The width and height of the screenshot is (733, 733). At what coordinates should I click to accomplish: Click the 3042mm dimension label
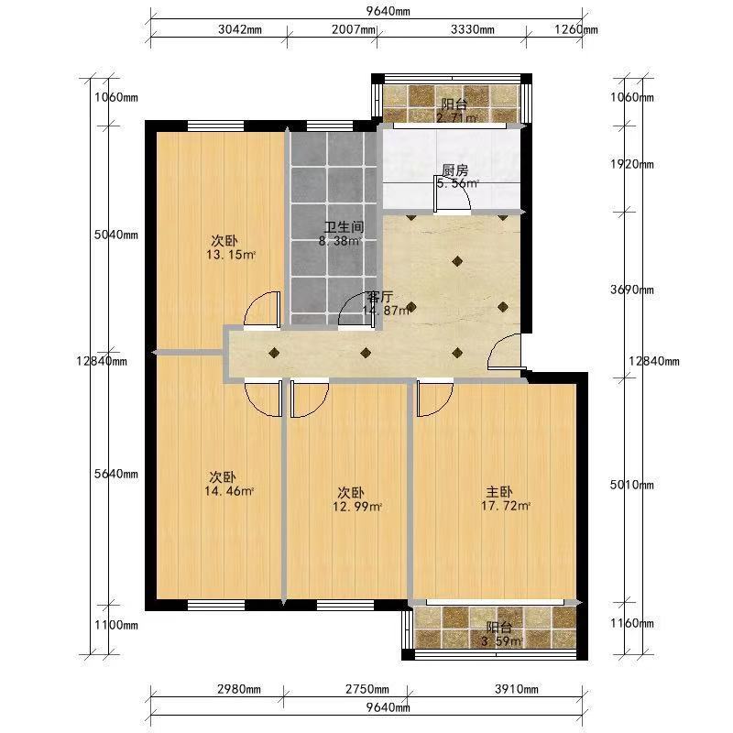tap(240, 29)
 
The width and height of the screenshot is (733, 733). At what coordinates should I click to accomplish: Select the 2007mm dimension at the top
tap(354, 29)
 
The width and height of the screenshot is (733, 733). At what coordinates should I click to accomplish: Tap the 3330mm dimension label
tap(473, 29)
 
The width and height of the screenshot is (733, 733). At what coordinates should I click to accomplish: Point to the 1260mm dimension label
tap(576, 29)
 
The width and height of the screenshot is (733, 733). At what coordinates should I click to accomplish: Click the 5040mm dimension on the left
tap(116, 235)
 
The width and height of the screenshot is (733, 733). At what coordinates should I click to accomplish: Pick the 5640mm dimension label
tap(116, 474)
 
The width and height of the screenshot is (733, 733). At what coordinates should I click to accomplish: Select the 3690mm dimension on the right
tap(632, 290)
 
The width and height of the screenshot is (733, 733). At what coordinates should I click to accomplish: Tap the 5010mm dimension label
tap(632, 485)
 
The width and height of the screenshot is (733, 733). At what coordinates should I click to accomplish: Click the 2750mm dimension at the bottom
tap(367, 689)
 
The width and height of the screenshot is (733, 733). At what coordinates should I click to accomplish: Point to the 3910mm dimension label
tap(517, 689)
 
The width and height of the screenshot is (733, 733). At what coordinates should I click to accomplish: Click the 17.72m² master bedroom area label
tap(506, 506)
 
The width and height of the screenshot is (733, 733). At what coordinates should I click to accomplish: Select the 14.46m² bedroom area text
tap(229, 491)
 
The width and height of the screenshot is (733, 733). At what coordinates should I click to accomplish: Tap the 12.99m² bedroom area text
tap(357, 507)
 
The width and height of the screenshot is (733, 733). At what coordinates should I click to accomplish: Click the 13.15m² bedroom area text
tap(231, 256)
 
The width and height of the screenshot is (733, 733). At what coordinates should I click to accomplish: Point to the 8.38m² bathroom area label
tap(340, 242)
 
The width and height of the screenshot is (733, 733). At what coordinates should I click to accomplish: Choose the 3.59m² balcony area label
tap(501, 640)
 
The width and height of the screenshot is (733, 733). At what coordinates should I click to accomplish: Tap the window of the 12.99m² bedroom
tap(345, 606)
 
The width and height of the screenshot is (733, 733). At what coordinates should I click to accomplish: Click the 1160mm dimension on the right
tap(632, 624)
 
